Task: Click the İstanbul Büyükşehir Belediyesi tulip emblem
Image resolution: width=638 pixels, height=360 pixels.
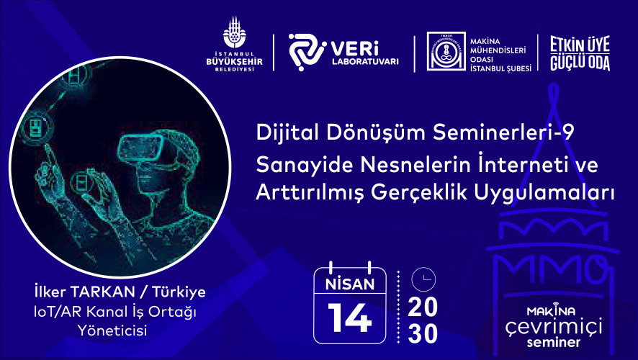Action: coord(234,32)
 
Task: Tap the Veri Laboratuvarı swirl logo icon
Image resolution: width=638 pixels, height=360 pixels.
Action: coord(307,52)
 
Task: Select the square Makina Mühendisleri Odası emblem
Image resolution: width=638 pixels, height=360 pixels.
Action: coord(446,52)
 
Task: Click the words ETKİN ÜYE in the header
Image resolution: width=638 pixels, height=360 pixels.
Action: coord(580,45)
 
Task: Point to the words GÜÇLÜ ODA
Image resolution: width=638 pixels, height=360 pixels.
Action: coord(580,63)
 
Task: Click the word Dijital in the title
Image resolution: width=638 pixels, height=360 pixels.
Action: coord(289,132)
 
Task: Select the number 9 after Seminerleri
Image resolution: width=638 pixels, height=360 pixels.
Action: coord(567,132)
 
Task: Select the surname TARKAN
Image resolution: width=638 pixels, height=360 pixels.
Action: coord(102,292)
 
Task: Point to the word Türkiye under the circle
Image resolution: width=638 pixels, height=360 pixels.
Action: coord(179,292)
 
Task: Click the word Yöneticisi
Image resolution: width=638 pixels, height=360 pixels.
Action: coord(112,330)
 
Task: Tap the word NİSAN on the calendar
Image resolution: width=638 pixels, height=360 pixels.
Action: coord(350,284)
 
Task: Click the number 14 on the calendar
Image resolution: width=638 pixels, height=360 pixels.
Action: coord(350,318)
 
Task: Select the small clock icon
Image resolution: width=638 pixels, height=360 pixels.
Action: coord(423,279)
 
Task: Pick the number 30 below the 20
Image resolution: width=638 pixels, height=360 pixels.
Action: coord(423,333)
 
